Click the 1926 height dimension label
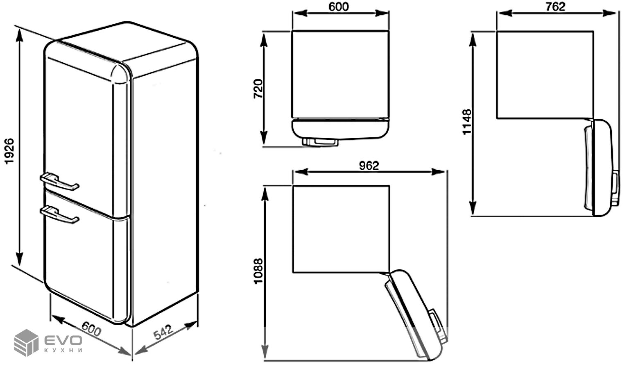pos(9,151)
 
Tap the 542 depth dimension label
pos(163,332)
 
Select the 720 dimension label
pos(258,89)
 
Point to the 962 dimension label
pos(369,166)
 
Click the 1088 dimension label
pos(258,271)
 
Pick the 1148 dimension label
pos(467,122)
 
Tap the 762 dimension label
pos(555,7)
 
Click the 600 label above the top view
pos(339,7)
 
